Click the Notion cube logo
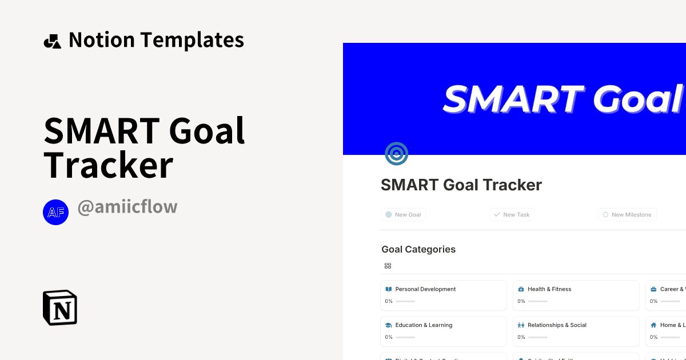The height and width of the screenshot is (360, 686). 60,307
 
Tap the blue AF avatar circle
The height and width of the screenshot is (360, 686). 55,213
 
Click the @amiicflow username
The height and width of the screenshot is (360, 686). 127,207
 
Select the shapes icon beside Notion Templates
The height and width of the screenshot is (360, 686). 52,41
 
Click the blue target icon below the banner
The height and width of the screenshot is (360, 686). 396,154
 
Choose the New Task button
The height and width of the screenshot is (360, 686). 512,215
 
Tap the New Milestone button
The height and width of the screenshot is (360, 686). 627,215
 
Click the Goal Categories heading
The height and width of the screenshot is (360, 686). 418,249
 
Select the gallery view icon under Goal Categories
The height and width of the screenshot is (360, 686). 388,266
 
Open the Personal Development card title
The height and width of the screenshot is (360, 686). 425,289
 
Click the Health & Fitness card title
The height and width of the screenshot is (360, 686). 549,289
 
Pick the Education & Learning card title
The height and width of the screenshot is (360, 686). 424,325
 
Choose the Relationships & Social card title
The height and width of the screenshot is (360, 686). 557,325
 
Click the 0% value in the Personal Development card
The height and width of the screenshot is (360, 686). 389,301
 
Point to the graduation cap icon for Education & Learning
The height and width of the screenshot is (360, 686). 389,325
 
